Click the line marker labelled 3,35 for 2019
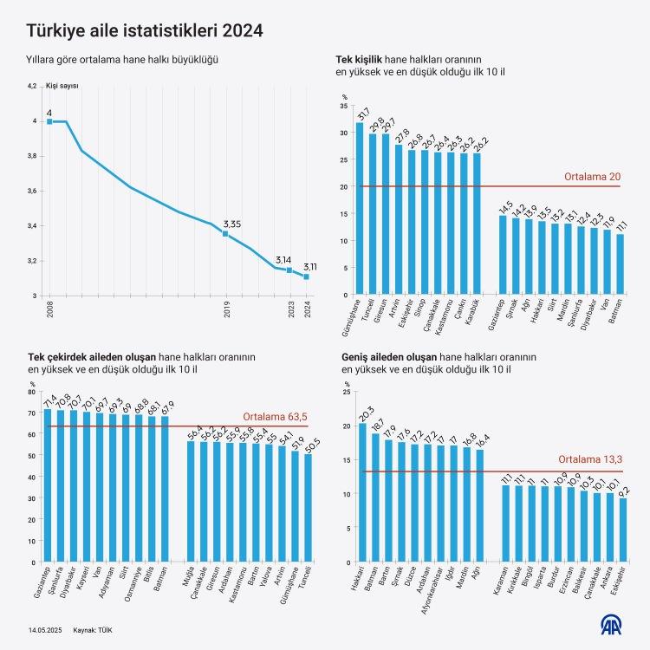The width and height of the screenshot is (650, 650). [225, 234]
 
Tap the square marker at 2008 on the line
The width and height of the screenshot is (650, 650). [49, 121]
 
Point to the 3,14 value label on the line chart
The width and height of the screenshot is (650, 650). [283, 259]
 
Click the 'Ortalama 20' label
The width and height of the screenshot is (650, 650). [592, 177]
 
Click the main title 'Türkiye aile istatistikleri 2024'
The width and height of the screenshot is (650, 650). [145, 31]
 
